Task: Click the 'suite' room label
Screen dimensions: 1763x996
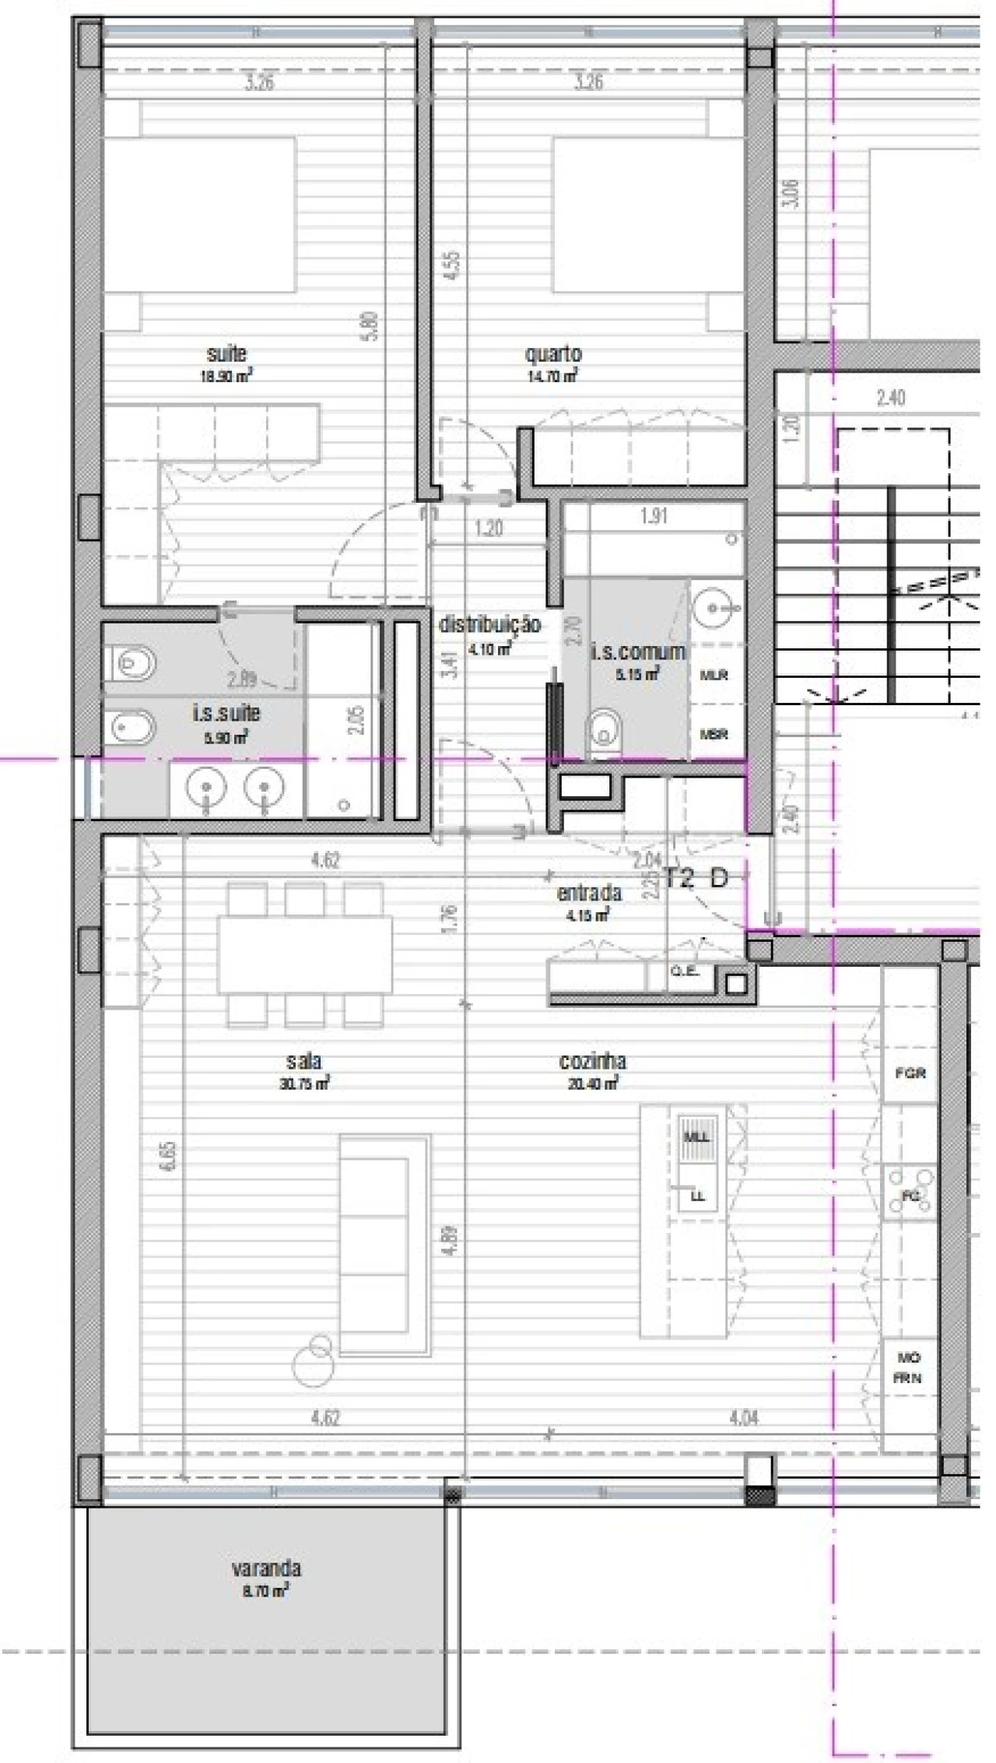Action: coord(226,354)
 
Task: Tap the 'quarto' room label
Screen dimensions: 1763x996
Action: coord(553,354)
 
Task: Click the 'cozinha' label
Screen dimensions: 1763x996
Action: coord(592,1062)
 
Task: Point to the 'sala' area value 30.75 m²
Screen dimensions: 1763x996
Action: coord(304,1083)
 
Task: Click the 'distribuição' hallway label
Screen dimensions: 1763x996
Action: coord(489,625)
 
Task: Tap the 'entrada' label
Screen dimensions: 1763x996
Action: coord(589,893)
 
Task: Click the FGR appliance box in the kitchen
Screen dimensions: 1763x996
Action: coord(910,1073)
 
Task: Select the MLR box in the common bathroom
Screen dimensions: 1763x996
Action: coord(714,676)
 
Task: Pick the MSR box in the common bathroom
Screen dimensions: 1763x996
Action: coord(714,733)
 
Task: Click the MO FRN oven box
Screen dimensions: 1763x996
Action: coord(908,1368)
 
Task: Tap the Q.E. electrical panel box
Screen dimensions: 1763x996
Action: coord(685,972)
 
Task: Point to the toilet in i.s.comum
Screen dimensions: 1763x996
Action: coord(605,732)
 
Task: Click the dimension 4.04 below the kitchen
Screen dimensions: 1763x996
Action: coord(743,1418)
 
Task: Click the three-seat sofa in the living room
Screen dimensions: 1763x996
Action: coord(384,1245)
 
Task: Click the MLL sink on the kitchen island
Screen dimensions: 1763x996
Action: coord(696,1137)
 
